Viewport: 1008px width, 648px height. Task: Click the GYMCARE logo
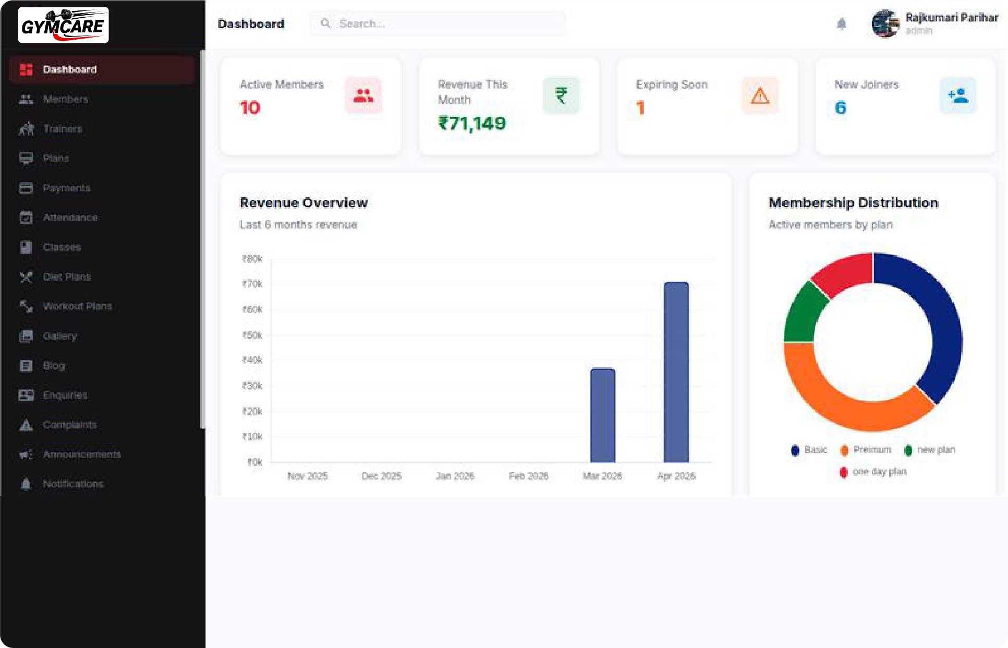[x=63, y=25]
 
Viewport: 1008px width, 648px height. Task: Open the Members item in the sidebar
[x=66, y=99]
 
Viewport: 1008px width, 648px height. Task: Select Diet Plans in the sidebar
[x=67, y=277]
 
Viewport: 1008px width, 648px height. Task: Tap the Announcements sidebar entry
[x=82, y=454]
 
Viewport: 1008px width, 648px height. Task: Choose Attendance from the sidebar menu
[x=70, y=218]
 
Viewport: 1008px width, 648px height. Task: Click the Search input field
[x=438, y=24]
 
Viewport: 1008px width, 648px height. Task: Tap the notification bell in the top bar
[x=841, y=24]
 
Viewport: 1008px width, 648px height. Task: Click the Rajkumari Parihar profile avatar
[x=885, y=24]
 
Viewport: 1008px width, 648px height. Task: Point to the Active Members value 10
[x=250, y=108]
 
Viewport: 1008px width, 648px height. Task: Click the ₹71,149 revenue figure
[x=472, y=124]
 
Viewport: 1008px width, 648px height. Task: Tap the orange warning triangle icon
[x=760, y=96]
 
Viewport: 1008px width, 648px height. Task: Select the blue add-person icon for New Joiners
[x=957, y=96]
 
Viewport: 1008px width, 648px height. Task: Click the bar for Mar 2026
[x=602, y=415]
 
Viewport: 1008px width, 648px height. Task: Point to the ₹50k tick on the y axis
[x=252, y=335]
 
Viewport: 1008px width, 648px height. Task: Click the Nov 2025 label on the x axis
[x=308, y=476]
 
